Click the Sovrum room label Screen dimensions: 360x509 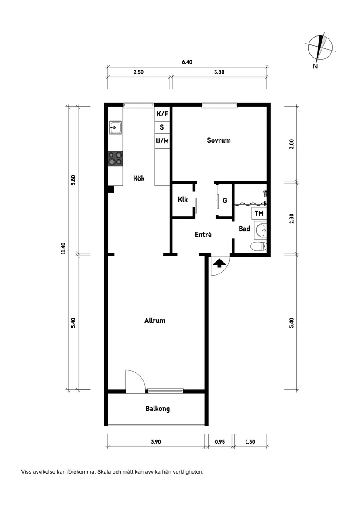tap(219, 140)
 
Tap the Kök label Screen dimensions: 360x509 tap(139, 178)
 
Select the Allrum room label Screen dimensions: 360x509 tap(154, 321)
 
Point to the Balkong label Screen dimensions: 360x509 tap(158, 409)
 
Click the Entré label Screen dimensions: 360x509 tap(203, 234)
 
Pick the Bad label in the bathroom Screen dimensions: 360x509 tap(244, 229)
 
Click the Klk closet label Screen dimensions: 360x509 tap(182, 199)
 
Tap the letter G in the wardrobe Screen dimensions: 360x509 tap(225, 201)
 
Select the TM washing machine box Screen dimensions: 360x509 tap(259, 213)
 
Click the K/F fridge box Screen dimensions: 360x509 tap(162, 114)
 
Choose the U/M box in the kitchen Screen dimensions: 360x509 tap(162, 141)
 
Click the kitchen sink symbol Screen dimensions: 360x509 tap(115, 127)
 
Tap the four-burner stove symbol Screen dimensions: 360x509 tap(115, 158)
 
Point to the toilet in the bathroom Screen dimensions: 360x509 tap(259, 246)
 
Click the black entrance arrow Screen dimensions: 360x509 tap(219, 263)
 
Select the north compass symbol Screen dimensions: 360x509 tap(320, 48)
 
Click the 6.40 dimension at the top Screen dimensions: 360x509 tap(187, 62)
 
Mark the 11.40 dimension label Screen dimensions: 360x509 tap(63, 248)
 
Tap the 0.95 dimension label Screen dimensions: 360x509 tap(220, 441)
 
